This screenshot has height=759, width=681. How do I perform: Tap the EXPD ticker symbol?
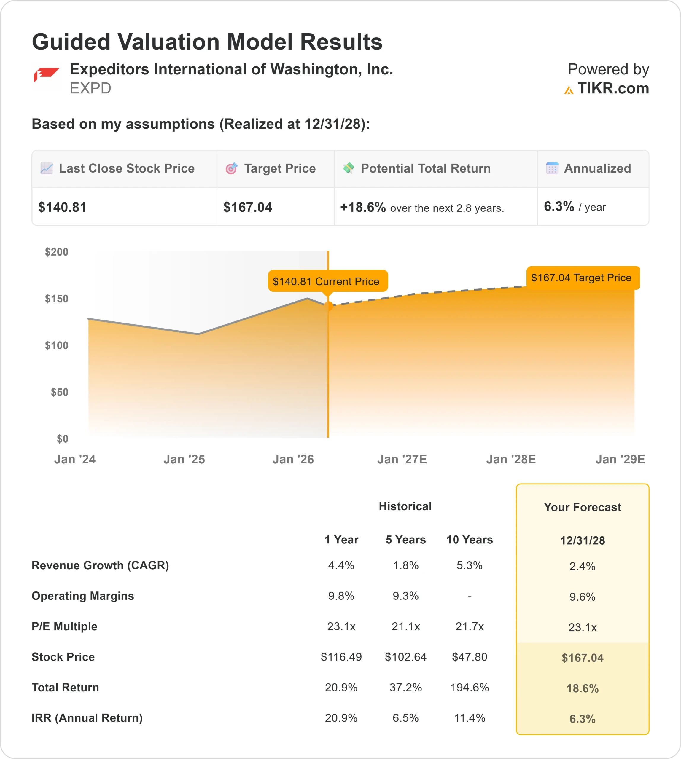click(x=90, y=89)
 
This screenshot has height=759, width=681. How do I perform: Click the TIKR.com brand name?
click(x=613, y=89)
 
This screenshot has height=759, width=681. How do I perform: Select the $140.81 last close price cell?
click(x=63, y=207)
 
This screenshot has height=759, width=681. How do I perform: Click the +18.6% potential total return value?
click(x=362, y=207)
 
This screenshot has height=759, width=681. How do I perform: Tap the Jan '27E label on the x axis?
click(x=402, y=459)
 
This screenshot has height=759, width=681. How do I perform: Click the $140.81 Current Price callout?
click(x=326, y=281)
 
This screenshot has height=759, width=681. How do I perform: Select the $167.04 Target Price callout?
click(x=581, y=278)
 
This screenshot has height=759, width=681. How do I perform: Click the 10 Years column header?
click(x=469, y=540)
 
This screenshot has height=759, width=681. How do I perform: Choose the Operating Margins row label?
click(x=83, y=596)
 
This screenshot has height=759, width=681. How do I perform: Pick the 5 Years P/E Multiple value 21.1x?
click(x=406, y=626)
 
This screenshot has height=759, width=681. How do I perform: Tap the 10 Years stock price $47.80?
click(x=469, y=657)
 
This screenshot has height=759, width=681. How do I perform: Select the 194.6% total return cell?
click(x=469, y=688)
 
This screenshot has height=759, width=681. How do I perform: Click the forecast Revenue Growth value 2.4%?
click(x=582, y=566)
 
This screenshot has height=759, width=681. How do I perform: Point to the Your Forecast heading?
click(x=582, y=507)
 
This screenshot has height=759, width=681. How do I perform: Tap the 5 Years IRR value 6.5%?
click(x=406, y=718)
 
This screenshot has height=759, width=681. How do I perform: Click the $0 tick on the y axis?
click(x=63, y=439)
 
